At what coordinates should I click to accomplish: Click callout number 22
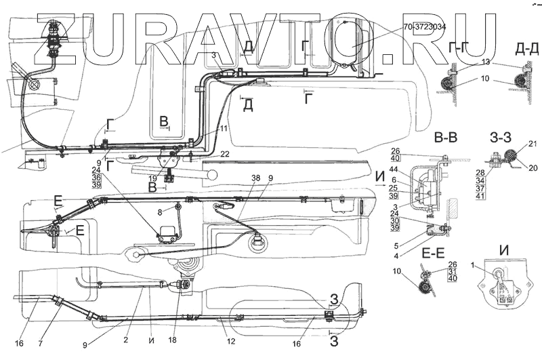226,155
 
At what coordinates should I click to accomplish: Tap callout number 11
223,128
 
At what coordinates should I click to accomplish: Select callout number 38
238,178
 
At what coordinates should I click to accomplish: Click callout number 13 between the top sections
485,62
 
